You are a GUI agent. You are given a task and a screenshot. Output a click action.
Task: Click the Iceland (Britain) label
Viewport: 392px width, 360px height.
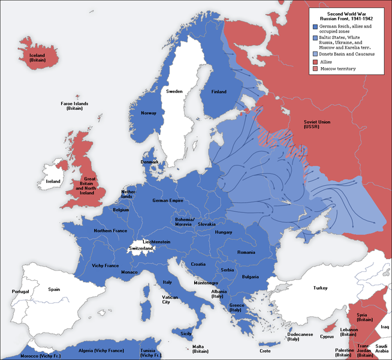[38, 56]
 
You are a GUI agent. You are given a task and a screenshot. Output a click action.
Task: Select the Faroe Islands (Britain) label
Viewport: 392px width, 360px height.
[74, 106]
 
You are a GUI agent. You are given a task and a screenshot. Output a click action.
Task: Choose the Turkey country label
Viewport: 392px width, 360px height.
[321, 288]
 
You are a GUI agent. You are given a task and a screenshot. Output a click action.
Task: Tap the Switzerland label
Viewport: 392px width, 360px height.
[141, 248]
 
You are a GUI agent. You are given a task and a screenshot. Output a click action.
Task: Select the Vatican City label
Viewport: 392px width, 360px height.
[170, 299]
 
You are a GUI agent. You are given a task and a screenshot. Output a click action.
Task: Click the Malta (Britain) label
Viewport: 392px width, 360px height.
[200, 349]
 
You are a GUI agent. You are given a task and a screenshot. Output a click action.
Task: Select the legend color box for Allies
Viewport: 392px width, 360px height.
[315, 61]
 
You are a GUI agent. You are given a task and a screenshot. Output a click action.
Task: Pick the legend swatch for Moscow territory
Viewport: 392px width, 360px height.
[315, 69]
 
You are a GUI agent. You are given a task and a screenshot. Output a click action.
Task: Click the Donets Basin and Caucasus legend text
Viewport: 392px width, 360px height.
[348, 54]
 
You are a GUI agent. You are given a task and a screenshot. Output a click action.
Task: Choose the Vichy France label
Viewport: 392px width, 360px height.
[106, 265]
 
